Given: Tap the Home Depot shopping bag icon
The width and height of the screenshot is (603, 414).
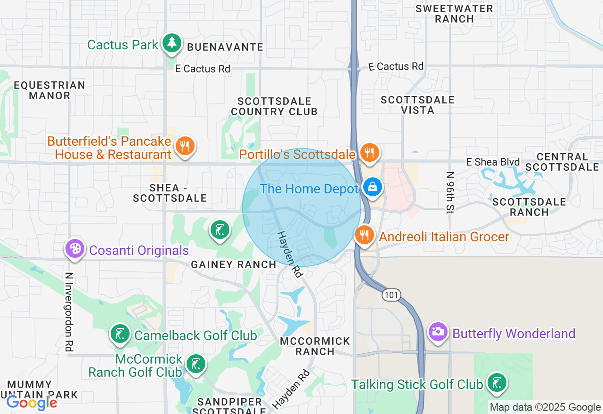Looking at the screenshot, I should pyautogui.click(x=373, y=187).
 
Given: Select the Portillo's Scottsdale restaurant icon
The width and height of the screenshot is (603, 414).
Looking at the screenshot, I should pyautogui.click(x=369, y=152).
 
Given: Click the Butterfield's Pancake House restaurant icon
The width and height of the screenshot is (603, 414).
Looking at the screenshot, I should pyautogui.click(x=185, y=146).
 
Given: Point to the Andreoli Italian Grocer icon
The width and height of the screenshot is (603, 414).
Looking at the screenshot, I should pyautogui.click(x=364, y=235).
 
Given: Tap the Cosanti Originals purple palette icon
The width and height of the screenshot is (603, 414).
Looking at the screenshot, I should pyautogui.click(x=75, y=248).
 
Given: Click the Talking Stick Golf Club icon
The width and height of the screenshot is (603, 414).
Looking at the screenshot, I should pyautogui.click(x=497, y=382).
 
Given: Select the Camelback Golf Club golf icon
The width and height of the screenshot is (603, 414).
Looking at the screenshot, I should pyautogui.click(x=120, y=334).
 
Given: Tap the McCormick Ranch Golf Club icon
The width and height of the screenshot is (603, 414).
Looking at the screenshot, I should pyautogui.click(x=195, y=364).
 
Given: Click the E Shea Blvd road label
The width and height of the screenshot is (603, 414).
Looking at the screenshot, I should pyautogui.click(x=493, y=162).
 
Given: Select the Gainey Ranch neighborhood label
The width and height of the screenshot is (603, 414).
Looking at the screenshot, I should pyautogui.click(x=234, y=265).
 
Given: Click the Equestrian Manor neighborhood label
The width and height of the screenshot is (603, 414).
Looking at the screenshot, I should pyautogui.click(x=49, y=90).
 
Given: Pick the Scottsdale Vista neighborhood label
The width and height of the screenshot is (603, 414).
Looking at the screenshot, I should pyautogui.click(x=417, y=105).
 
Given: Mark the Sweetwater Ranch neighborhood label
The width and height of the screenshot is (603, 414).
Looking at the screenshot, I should pyautogui.click(x=454, y=14).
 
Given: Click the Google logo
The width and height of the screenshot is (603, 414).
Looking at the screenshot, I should pyautogui.click(x=32, y=403).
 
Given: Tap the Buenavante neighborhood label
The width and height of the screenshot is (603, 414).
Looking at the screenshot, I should pyautogui.click(x=225, y=47).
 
